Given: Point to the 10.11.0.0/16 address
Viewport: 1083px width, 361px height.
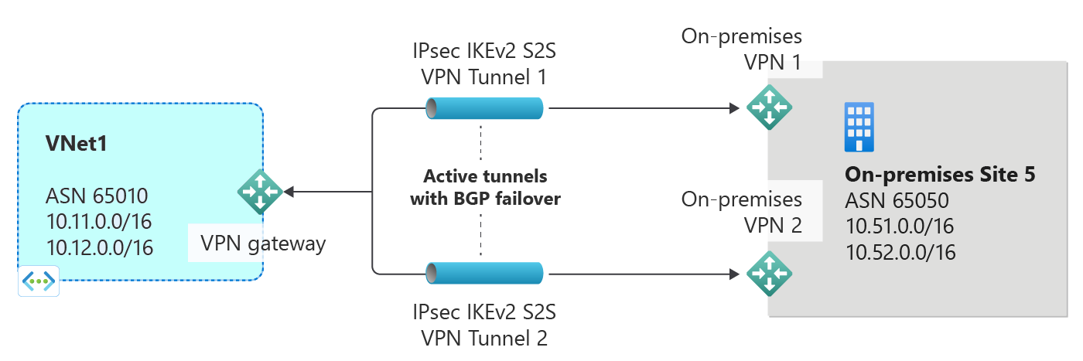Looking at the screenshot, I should point(98,222).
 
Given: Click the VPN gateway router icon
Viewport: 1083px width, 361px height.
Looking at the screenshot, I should point(259,192).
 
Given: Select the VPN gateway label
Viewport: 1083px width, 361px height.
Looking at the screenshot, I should point(263,244).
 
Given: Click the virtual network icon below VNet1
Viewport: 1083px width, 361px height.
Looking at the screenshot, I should point(39,282).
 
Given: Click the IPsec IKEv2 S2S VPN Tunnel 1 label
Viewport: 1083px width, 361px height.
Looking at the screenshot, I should point(485,65).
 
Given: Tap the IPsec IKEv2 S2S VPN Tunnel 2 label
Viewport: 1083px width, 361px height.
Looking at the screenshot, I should point(485,325).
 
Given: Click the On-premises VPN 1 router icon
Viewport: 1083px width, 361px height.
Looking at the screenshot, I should point(769,107).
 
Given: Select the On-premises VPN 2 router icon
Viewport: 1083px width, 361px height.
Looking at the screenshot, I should point(769,273).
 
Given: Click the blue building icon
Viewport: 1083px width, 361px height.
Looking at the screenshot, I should point(859,127).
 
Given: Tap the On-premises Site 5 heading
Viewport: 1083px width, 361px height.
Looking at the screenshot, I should point(939,175).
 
